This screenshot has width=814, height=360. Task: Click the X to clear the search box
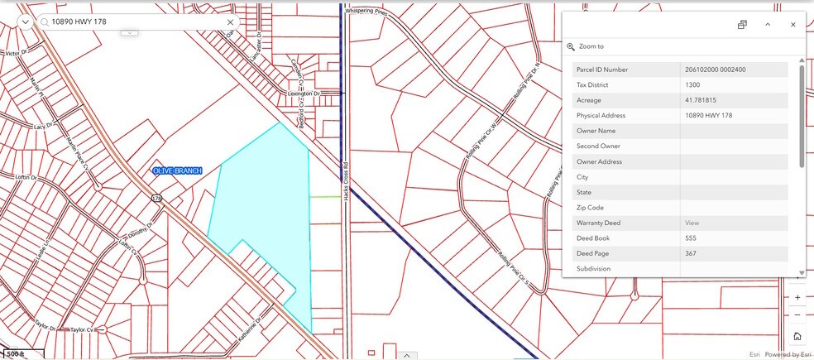click(x=231, y=22)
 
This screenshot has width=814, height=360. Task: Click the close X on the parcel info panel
click(x=792, y=25)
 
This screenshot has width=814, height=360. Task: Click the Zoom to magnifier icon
click(x=571, y=47)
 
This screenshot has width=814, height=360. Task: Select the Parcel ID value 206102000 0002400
click(x=716, y=70)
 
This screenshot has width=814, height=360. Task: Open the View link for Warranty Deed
click(x=692, y=223)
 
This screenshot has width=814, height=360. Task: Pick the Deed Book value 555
click(x=691, y=238)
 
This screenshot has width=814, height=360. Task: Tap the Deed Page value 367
click(x=691, y=253)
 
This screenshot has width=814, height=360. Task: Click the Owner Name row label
click(x=596, y=131)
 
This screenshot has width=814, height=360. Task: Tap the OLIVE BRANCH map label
click(x=177, y=170)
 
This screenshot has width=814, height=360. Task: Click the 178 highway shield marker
click(x=156, y=199)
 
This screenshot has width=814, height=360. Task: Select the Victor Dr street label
click(x=17, y=53)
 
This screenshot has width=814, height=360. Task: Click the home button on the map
click(x=797, y=336)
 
